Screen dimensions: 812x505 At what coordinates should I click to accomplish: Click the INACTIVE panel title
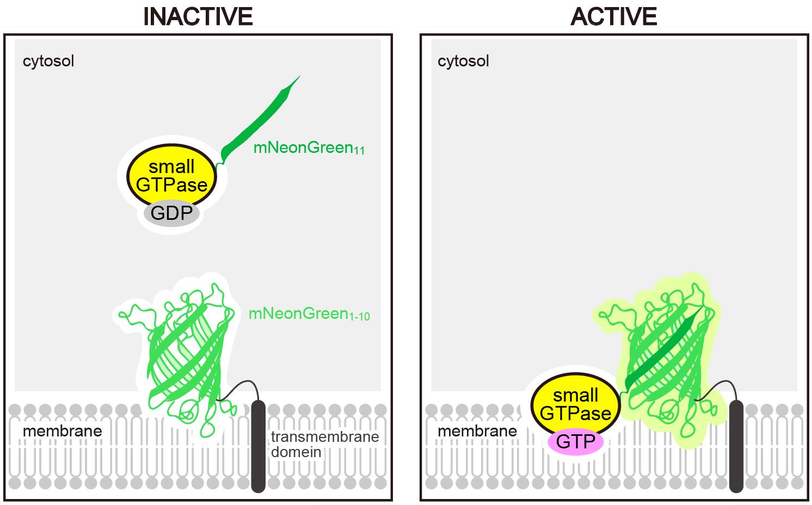pyautogui.click(x=198, y=17)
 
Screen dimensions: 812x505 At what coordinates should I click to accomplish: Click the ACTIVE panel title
pyautogui.click(x=614, y=17)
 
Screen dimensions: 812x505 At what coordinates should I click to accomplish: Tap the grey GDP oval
pyautogui.click(x=171, y=213)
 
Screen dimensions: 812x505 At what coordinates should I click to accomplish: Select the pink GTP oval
pyautogui.click(x=576, y=442)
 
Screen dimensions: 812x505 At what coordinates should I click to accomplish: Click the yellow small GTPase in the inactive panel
pyautogui.click(x=171, y=175)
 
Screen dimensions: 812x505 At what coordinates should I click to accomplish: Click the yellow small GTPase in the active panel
pyautogui.click(x=576, y=404)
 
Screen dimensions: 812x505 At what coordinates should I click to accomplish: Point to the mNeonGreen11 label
pyautogui.click(x=309, y=148)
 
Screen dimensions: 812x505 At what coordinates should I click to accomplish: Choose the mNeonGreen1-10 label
pyautogui.click(x=309, y=314)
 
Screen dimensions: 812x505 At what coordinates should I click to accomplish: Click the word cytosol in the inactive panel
pyautogui.click(x=48, y=61)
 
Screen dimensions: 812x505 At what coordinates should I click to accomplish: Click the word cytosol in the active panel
pyautogui.click(x=463, y=61)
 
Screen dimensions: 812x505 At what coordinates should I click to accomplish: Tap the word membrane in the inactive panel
pyautogui.click(x=63, y=431)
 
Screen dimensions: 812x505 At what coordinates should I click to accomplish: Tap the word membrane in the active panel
pyautogui.click(x=477, y=431)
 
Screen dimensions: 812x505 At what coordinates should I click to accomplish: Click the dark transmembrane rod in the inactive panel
pyautogui.click(x=258, y=446)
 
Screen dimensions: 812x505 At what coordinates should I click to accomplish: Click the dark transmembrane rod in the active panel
pyautogui.click(x=736, y=446)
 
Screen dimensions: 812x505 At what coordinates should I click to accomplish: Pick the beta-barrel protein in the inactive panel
pyautogui.click(x=188, y=359)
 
